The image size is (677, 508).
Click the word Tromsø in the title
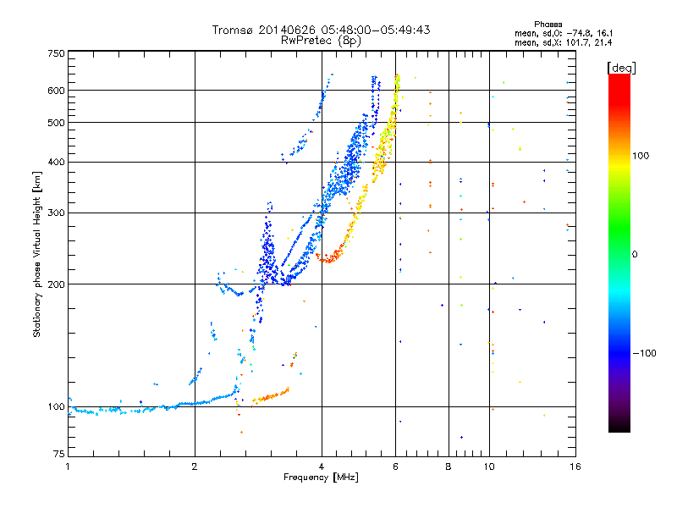tap(234, 30)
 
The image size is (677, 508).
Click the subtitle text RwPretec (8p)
tap(321, 41)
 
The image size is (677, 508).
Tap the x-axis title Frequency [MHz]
tap(321, 478)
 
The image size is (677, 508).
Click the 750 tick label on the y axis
tap(57, 53)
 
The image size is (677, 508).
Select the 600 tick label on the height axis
tap(57, 91)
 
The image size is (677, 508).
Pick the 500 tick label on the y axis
tap(57, 123)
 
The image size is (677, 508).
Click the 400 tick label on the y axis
tap(57, 162)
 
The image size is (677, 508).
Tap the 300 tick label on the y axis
tap(57, 213)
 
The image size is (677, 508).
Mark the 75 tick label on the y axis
tap(59, 454)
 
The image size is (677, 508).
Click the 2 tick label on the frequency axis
tap(195, 467)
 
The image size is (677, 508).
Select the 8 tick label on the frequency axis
tap(449, 467)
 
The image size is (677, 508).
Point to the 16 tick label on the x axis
tap(575, 467)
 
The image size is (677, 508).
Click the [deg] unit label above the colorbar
tap(621, 68)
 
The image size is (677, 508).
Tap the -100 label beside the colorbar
tap(645, 353)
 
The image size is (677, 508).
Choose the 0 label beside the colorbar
tap(635, 254)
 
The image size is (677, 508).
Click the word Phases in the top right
tap(548, 25)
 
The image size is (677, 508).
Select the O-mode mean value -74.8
tap(577, 33)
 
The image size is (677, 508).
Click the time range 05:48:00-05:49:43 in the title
tap(376, 30)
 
